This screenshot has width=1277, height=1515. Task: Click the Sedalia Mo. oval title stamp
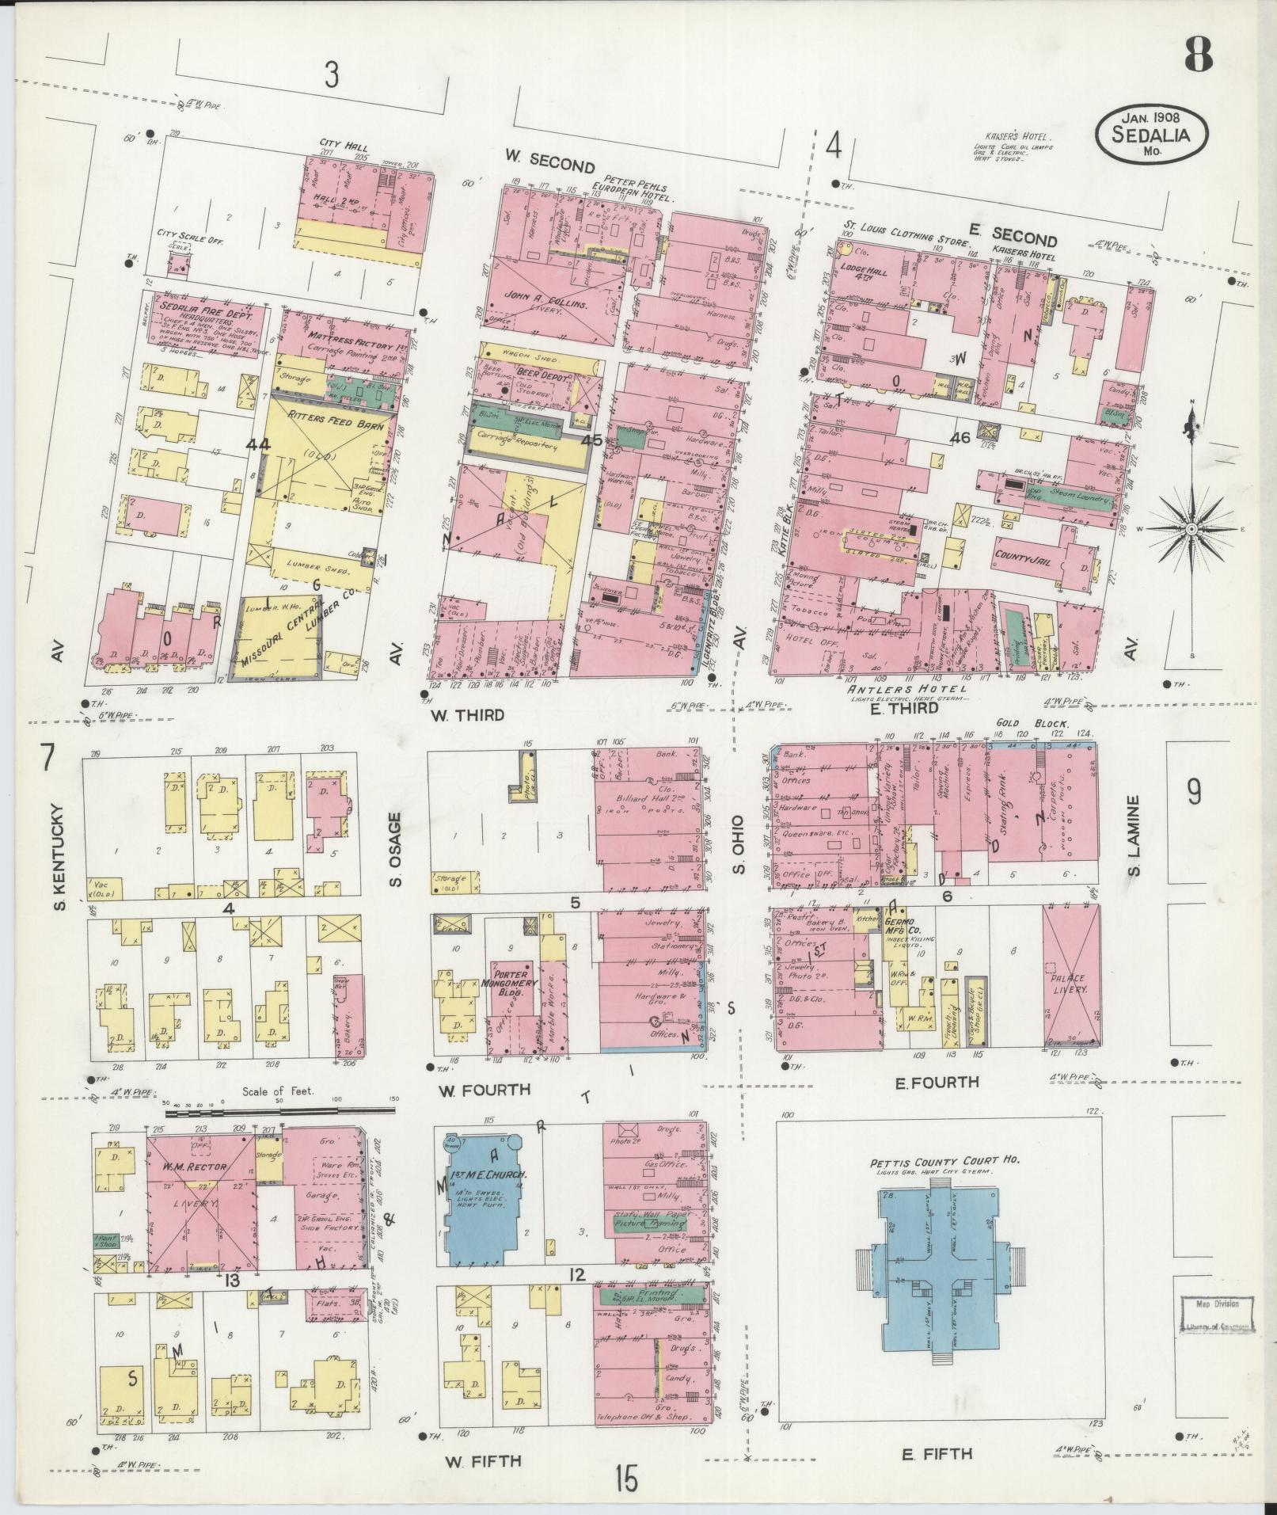point(1153,136)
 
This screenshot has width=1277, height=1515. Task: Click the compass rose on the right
point(1191,528)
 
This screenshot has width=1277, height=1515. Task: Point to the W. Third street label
point(467,715)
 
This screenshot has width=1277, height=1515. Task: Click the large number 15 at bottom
point(625,1478)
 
